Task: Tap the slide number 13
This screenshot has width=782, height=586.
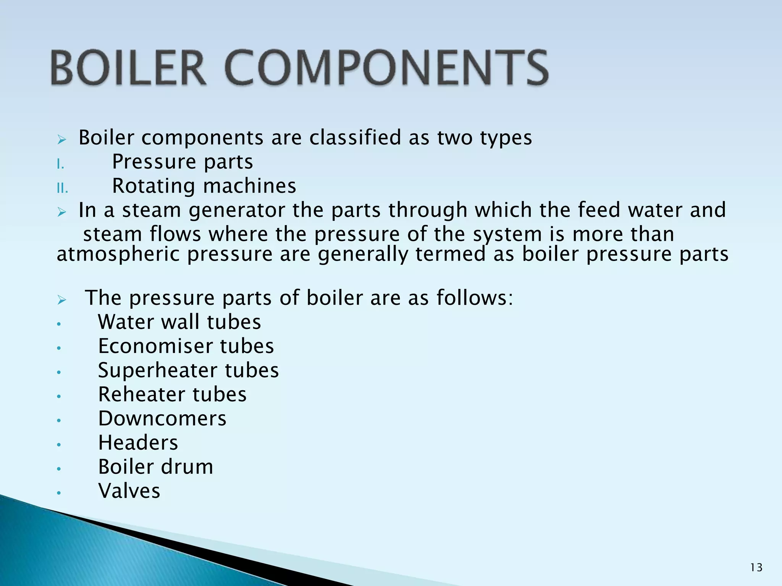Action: (756, 568)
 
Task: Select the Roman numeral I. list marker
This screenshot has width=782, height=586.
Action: (60, 164)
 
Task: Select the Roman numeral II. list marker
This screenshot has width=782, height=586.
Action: (62, 188)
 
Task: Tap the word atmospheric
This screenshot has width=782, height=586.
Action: (118, 254)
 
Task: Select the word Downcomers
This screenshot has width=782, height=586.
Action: (162, 419)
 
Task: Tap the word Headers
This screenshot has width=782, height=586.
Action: (138, 443)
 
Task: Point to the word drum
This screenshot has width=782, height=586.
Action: (187, 467)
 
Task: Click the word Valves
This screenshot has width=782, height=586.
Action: (129, 491)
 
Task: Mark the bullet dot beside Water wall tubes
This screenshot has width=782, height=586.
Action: (59, 325)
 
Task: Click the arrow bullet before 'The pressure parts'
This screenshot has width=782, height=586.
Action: (62, 300)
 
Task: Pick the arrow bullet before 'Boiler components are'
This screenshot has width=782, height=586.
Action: (62, 140)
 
